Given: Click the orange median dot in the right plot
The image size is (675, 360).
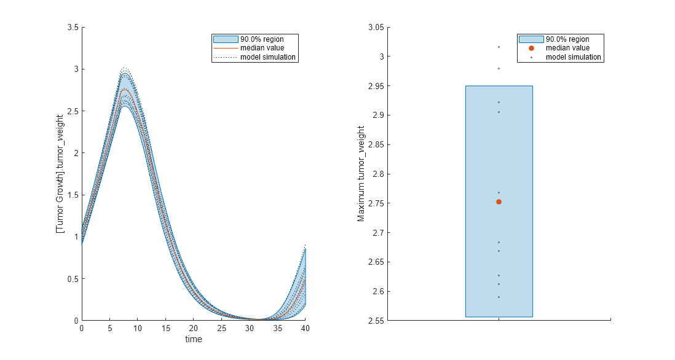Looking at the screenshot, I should pyautogui.click(x=499, y=202).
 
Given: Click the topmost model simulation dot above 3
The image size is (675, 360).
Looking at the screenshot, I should pyautogui.click(x=499, y=47).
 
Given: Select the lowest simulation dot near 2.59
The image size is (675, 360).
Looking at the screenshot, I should pyautogui.click(x=499, y=297).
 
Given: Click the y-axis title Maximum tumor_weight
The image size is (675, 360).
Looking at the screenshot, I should pyautogui.click(x=361, y=174).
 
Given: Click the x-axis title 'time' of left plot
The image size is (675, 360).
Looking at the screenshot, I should pyautogui.click(x=194, y=339).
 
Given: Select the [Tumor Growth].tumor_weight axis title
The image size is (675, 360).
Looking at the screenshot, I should pyautogui.click(x=60, y=174).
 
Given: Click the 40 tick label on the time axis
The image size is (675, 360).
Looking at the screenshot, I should pyautogui.click(x=305, y=329).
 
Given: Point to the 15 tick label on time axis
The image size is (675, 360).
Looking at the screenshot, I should pyautogui.click(x=165, y=329).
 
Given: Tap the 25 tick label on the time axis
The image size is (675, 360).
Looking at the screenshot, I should pyautogui.click(x=221, y=329).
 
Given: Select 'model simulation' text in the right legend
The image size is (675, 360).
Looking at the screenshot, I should pyautogui.click(x=574, y=57).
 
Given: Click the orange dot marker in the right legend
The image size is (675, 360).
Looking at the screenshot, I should pyautogui.click(x=531, y=48).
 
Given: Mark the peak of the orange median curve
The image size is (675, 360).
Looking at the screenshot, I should pyautogui.click(x=125, y=90).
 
